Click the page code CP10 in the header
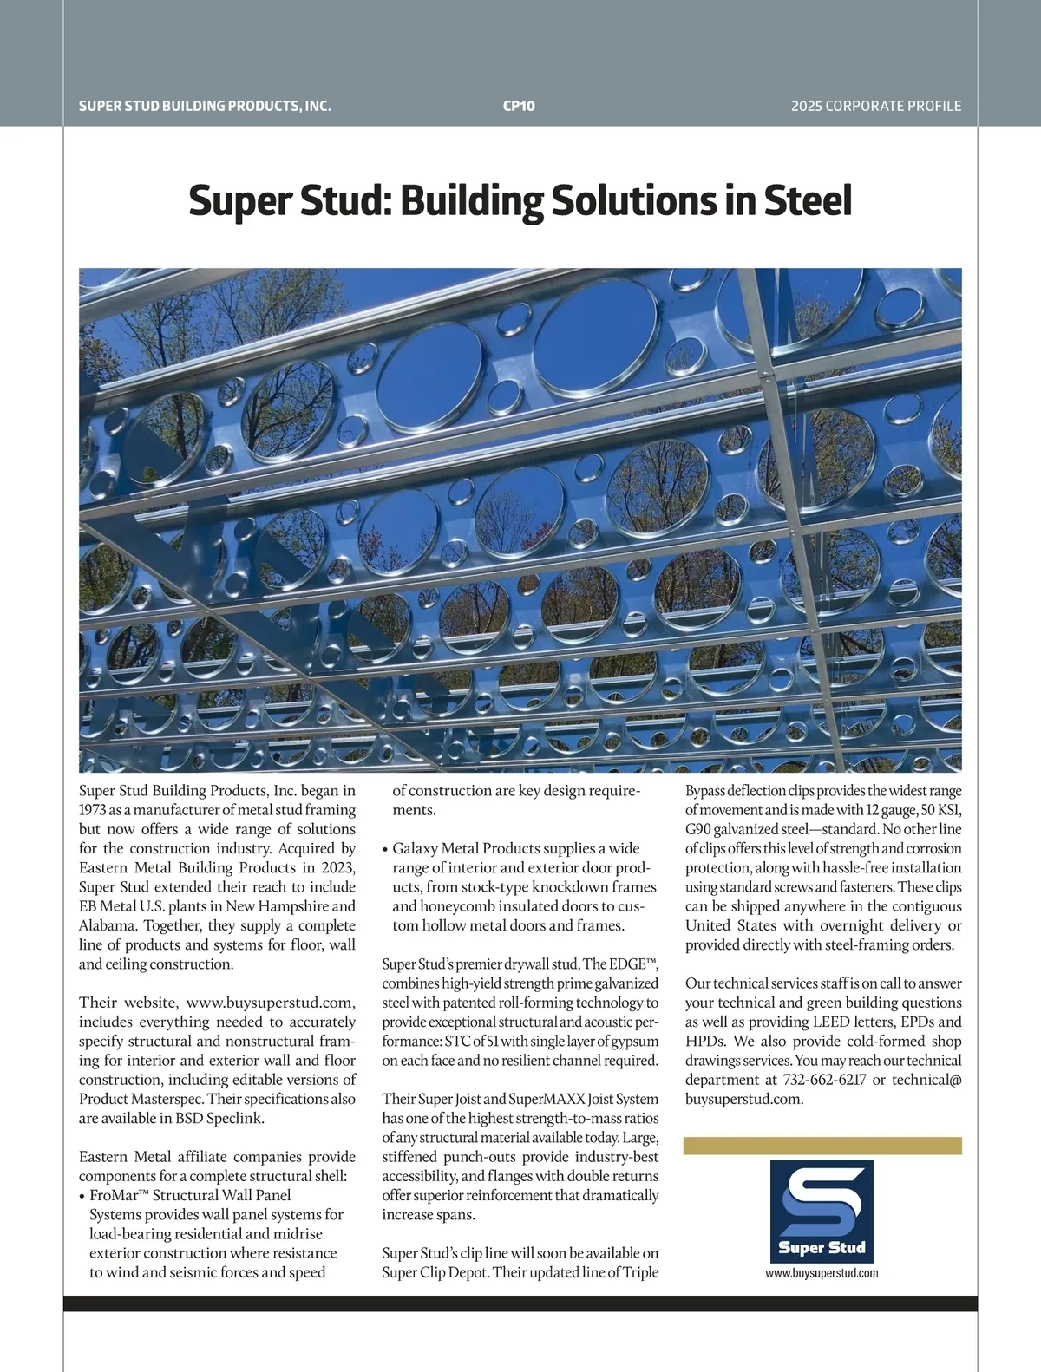point(519,106)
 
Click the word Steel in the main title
point(808,200)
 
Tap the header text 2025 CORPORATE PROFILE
point(876,106)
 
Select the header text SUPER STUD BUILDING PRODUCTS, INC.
point(205,106)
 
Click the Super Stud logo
point(822,1212)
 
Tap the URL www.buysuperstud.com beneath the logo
point(822,1273)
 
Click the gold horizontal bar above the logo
point(822,1146)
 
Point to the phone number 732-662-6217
point(824,1080)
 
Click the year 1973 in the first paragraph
point(95,810)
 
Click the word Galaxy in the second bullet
point(414,848)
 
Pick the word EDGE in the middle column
point(626,964)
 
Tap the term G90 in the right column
point(698,829)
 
